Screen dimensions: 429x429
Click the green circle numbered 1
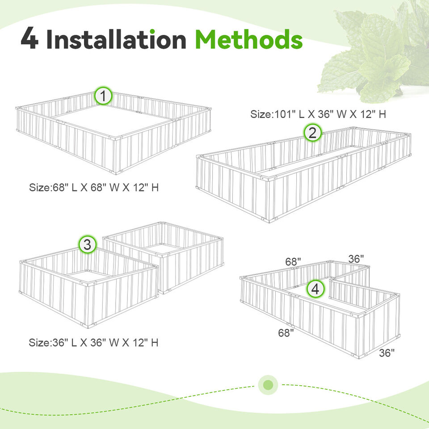pos(103,96)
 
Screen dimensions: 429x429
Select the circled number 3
pos(88,244)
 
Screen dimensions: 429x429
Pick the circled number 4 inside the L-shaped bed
pos(315,289)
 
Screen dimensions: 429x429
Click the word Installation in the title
pos(116,40)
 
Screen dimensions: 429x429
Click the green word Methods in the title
pos(248,40)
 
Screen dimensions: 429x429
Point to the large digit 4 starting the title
pos(29,40)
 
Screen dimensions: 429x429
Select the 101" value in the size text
pos(281,114)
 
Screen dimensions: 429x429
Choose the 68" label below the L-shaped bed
pos(286,333)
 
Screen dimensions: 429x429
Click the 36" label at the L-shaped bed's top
pos(356,259)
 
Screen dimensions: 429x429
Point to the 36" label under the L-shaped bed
pos(387,353)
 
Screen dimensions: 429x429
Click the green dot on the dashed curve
pos(268,385)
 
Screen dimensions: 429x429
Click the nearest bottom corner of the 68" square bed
pos(118,172)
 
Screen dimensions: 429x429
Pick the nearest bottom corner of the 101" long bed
pos(268,220)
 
